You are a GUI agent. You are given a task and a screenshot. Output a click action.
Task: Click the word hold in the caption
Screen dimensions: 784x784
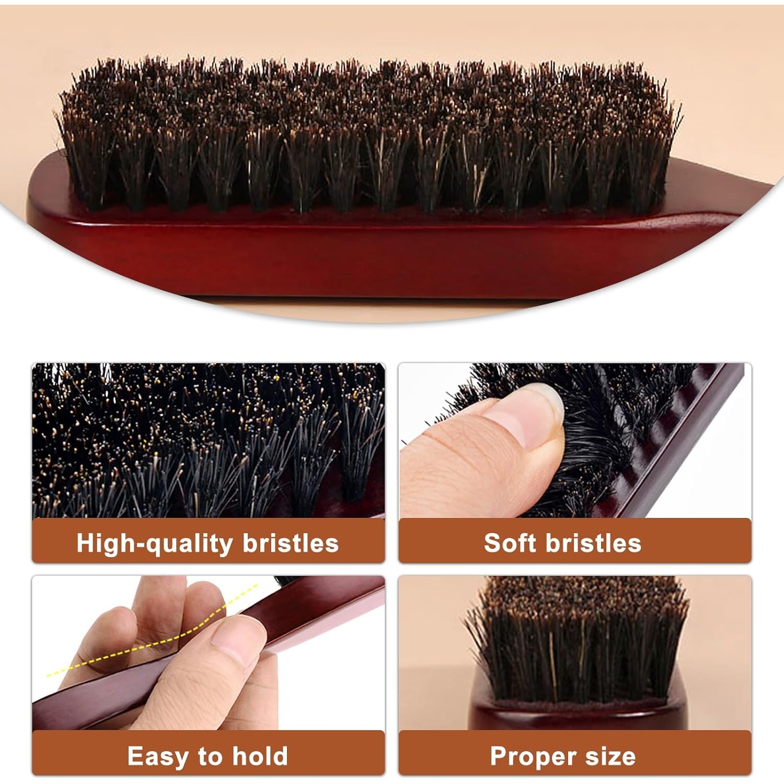click(x=260, y=756)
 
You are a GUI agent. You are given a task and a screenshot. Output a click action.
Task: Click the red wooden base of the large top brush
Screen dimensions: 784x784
click(x=366, y=251)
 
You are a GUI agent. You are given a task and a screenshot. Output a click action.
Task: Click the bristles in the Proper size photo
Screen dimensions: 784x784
click(x=578, y=638)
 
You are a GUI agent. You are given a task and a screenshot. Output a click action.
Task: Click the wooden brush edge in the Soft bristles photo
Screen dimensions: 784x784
click(x=679, y=444)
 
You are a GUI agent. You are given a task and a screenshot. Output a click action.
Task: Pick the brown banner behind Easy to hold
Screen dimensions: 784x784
click(x=209, y=753)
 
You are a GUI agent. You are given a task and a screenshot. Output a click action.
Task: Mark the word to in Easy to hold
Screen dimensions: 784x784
click(x=211, y=756)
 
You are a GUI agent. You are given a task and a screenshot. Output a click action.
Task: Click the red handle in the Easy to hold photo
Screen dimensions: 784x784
click(x=209, y=653)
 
